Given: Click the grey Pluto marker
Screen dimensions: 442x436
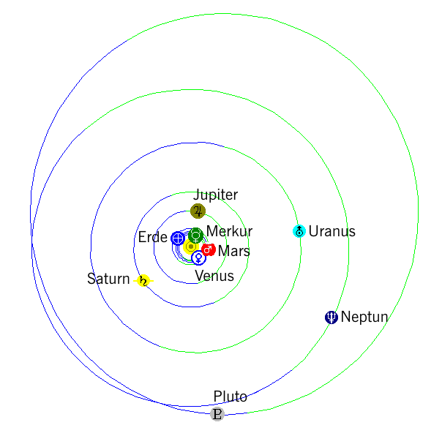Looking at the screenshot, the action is pos(217,414).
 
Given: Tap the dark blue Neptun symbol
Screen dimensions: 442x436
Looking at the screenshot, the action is pos(331,317).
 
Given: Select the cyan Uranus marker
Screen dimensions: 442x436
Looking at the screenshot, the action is pos(299,231).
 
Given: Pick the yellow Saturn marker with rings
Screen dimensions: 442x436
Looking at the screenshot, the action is pos(143,281).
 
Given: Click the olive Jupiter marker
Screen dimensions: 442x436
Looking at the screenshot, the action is pos(198,211).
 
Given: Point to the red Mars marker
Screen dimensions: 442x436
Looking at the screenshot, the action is pos(209,249).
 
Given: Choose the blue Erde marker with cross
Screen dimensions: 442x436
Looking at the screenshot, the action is pos(178,238).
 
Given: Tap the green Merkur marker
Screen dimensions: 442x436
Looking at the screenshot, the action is pos(195,236).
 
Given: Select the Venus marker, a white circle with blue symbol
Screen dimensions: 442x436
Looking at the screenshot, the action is pos(198,258).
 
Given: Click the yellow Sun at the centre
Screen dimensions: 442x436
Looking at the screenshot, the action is pos(190,247).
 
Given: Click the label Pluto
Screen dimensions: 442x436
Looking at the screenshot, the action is pos(230,396).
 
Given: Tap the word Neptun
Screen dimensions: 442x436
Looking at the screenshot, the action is pos(364,317).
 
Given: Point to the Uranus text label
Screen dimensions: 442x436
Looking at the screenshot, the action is pos(332,231).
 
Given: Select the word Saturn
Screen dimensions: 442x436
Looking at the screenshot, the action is pos(108,279).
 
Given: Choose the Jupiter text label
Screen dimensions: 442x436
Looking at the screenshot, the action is pos(215,195).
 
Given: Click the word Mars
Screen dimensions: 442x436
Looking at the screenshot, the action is pos(234,251).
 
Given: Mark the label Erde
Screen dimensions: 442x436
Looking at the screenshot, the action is pos(153,237).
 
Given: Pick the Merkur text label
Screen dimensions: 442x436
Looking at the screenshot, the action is pos(230,231).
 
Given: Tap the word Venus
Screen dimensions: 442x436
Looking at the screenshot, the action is pos(214,276).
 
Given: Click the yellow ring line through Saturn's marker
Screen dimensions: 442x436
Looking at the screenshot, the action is pos(143,281).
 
